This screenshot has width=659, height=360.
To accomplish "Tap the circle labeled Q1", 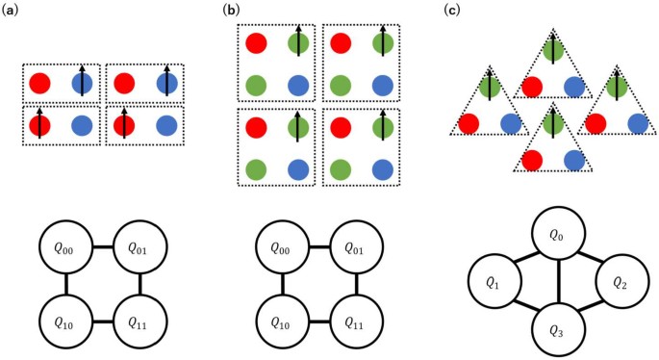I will click(493, 284).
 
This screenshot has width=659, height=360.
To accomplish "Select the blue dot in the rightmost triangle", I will click(637, 122).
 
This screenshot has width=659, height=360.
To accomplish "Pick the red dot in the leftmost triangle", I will click(468, 122).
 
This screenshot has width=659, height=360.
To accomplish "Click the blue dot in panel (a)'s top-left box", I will click(82, 83).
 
